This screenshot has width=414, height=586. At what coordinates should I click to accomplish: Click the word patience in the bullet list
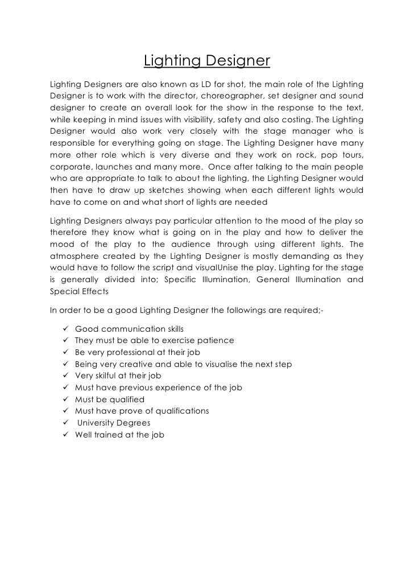(x=213, y=341)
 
